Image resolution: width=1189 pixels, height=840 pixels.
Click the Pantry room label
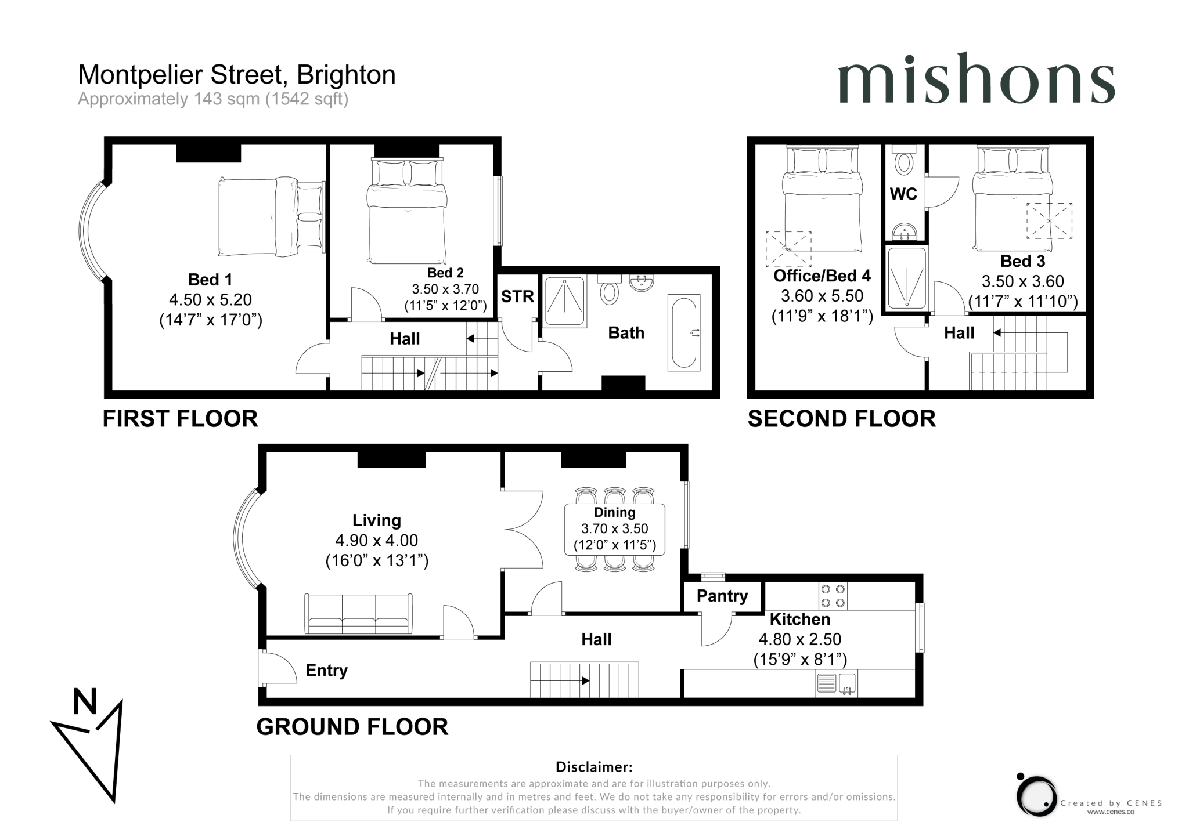tap(722, 596)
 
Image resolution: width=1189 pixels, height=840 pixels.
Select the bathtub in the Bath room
tap(683, 333)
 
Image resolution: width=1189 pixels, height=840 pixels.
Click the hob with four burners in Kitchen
tap(833, 596)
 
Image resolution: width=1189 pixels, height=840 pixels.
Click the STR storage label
tap(517, 296)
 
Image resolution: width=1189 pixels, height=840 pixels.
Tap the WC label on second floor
tap(903, 194)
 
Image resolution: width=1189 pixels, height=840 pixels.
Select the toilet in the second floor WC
tap(904, 162)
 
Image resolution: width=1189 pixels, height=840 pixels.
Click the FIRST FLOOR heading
tap(180, 418)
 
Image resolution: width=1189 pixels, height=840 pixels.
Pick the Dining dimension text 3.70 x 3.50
tap(614, 528)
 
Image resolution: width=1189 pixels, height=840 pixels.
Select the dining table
tap(614, 529)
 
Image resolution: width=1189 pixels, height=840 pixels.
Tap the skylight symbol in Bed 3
tap(1049, 220)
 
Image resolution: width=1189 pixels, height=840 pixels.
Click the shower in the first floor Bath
tap(564, 302)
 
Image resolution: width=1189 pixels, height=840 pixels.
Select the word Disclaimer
tap(593, 767)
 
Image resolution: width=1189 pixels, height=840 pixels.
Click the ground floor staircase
tap(583, 680)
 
